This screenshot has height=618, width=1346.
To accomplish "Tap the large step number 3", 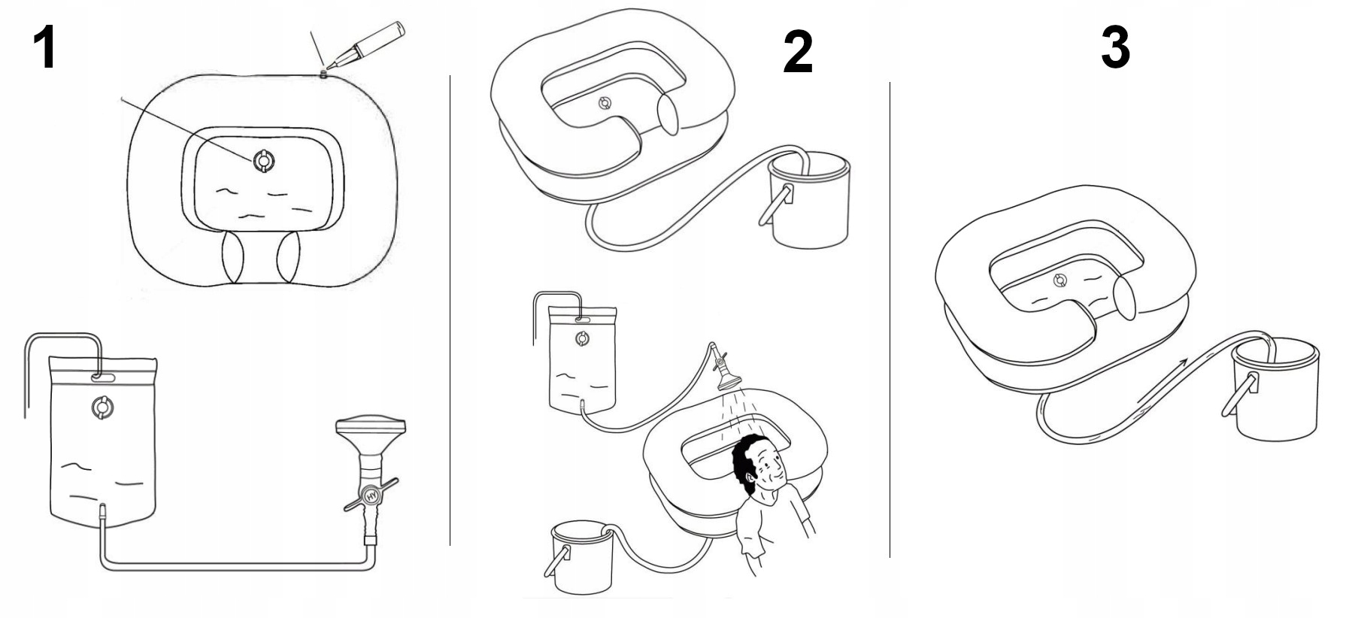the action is click(1115, 46).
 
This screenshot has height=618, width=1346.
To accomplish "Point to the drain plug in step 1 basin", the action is click(265, 161).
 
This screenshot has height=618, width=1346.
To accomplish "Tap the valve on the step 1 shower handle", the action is click(369, 497).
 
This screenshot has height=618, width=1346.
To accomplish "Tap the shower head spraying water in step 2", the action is click(726, 373).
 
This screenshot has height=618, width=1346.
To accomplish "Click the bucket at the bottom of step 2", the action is click(582, 557).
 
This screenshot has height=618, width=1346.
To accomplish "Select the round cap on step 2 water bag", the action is click(582, 339).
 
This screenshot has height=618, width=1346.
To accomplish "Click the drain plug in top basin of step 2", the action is click(605, 104).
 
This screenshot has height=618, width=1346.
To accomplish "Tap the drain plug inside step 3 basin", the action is click(1060, 281).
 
